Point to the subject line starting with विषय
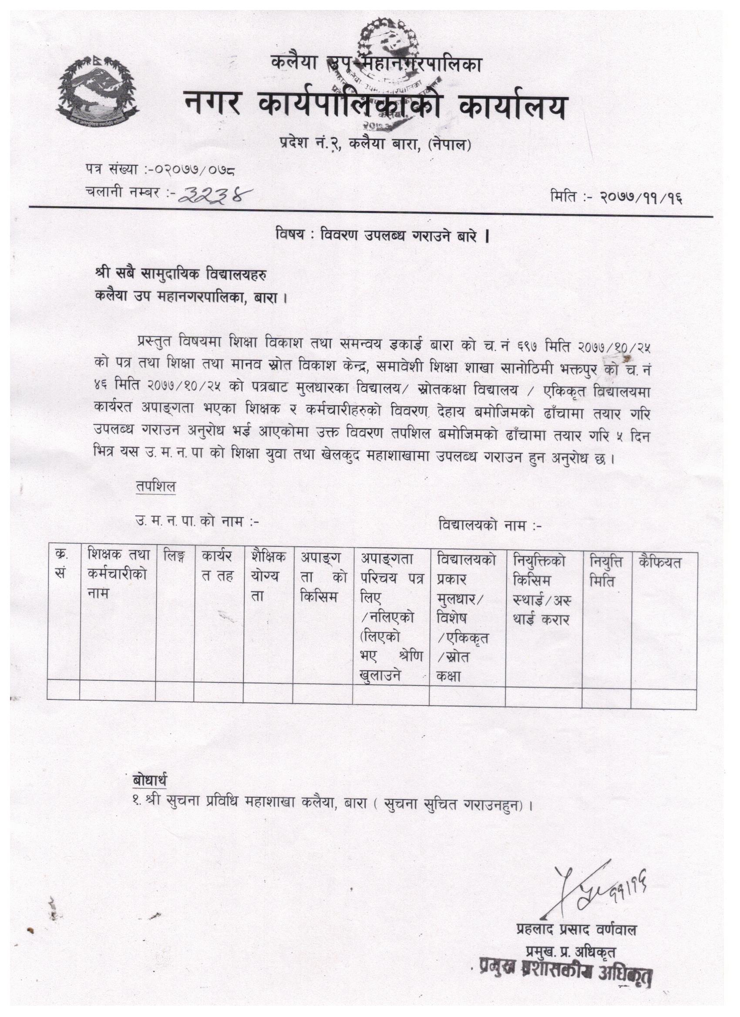(x=382, y=236)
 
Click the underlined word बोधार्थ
(x=150, y=781)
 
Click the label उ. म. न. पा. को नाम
(x=197, y=522)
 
